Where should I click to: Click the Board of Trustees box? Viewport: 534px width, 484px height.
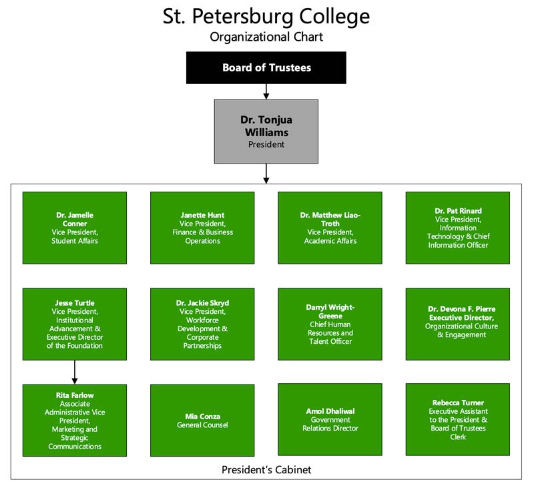tap(266, 67)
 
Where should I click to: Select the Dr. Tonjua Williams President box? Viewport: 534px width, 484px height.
tap(266, 132)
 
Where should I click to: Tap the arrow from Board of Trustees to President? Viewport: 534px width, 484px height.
tap(266, 91)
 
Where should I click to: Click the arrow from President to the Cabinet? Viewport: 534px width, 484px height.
tap(266, 174)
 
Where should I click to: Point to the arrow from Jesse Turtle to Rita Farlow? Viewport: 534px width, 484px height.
tap(75, 372)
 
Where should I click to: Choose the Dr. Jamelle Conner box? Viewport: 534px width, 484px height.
tap(75, 228)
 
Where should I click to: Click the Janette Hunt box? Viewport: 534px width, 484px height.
tap(202, 228)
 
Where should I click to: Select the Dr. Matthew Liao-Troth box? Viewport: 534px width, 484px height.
tap(330, 228)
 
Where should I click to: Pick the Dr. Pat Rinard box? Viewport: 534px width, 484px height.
tap(458, 228)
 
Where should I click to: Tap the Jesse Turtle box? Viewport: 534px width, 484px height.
tap(75, 324)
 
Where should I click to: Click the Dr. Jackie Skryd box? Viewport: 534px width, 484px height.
tap(202, 324)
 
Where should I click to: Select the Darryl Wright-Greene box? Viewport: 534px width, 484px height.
tap(330, 324)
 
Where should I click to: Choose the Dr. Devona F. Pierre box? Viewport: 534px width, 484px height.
tap(458, 324)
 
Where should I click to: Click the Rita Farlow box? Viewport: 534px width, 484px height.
tap(75, 421)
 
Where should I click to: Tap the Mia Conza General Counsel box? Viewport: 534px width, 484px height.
tap(202, 421)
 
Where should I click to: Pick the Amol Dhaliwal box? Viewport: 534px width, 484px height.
tap(330, 419)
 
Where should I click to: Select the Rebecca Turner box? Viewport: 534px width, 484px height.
tap(458, 419)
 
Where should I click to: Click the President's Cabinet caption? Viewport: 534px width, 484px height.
tap(266, 470)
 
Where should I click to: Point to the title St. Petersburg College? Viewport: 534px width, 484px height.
tap(266, 16)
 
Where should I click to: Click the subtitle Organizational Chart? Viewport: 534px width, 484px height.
tap(266, 37)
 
